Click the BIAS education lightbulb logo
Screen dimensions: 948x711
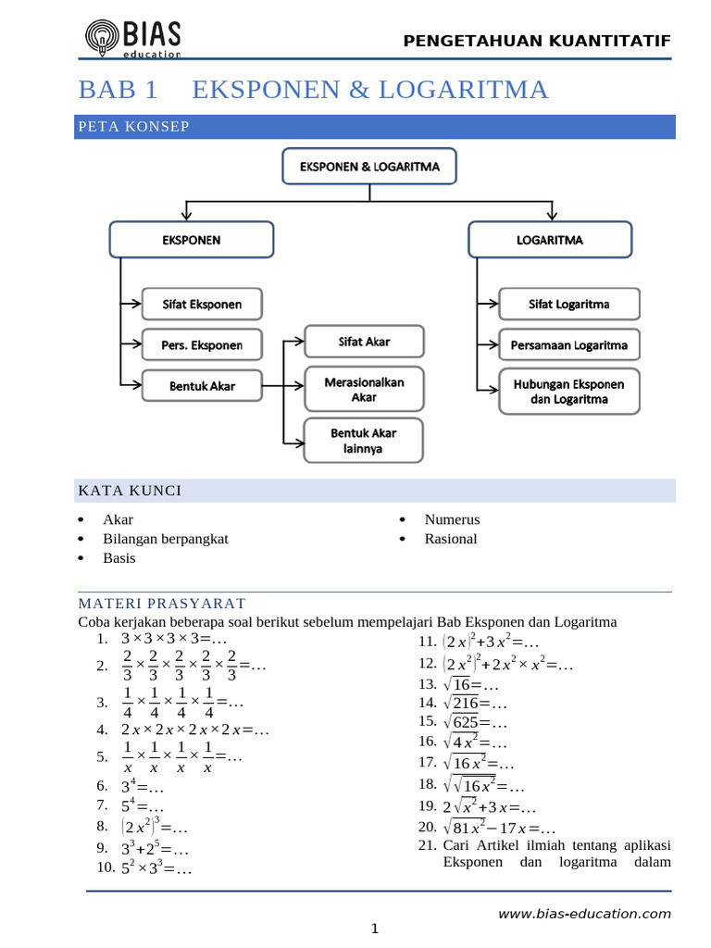[101, 38]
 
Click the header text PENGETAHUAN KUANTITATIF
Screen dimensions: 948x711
[537, 40]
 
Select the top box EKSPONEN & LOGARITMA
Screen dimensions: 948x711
[369, 167]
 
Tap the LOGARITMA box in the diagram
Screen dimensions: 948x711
[550, 239]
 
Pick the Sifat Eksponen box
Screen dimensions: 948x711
[202, 304]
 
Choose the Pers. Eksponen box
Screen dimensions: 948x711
[202, 345]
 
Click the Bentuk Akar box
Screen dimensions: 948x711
[202, 385]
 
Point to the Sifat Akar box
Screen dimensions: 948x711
[364, 342]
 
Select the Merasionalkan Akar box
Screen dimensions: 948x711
[364, 389]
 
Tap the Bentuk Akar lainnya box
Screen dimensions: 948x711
[364, 441]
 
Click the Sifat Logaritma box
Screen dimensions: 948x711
[568, 304]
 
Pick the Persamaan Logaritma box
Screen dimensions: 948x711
[568, 346]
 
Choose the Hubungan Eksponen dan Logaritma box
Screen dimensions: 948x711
[568, 392]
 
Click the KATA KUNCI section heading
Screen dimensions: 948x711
[130, 490]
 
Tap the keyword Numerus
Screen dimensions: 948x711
[452, 520]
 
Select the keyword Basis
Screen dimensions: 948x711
[119, 558]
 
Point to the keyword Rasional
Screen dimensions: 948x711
[451, 539]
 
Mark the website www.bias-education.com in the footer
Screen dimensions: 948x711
[584, 914]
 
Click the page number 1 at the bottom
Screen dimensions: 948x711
[375, 929]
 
